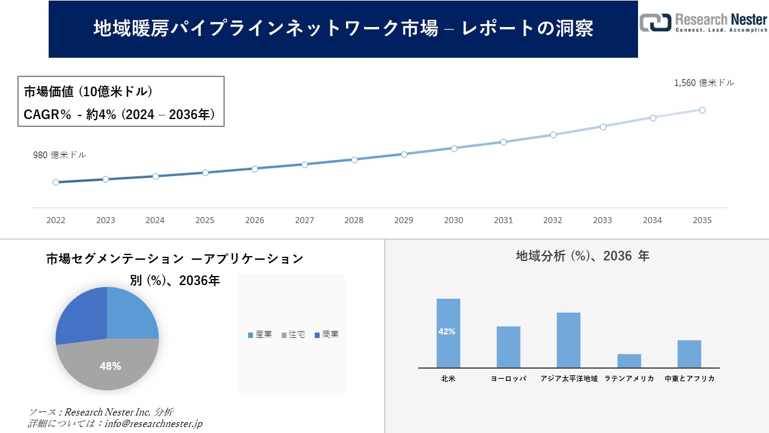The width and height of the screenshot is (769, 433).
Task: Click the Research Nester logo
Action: tap(703, 22)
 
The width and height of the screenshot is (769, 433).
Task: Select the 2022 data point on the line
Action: tap(56, 182)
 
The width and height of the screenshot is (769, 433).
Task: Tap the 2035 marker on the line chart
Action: tap(702, 110)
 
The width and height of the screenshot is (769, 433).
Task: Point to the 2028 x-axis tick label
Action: tap(354, 221)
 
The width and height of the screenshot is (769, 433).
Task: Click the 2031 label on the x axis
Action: tap(503, 221)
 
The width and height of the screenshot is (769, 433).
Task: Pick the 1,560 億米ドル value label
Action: tap(704, 83)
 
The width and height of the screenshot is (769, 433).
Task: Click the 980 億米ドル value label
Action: tap(59, 155)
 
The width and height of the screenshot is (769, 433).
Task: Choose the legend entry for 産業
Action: tap(260, 334)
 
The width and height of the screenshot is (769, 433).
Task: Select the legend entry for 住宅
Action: tap(293, 334)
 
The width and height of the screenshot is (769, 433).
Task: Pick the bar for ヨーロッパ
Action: tap(508, 347)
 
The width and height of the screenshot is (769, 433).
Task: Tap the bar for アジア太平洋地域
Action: tap(568, 340)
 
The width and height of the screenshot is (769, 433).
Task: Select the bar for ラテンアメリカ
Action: tap(629, 361)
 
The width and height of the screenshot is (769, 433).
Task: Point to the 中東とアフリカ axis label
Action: tap(689, 379)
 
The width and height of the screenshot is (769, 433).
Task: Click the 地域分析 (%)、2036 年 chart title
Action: tap(582, 256)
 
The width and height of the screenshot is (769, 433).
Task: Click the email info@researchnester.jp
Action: tap(153, 423)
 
